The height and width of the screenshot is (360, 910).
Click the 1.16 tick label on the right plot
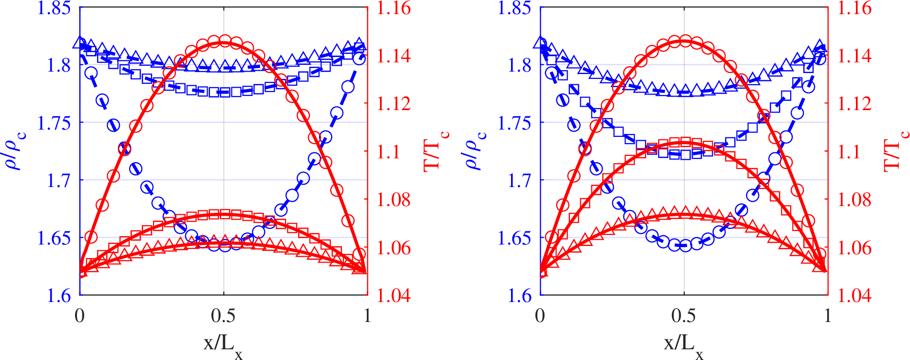[854, 8]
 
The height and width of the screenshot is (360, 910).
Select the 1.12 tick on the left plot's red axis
[394, 104]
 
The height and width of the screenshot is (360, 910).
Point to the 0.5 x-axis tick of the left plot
[223, 316]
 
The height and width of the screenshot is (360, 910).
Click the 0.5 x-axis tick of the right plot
[683, 316]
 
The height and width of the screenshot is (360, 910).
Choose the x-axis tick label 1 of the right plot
[827, 316]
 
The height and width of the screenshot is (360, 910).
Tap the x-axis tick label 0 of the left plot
[80, 316]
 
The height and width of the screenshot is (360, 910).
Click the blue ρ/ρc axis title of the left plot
[16, 151]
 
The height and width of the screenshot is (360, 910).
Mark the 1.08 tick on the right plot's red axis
[854, 200]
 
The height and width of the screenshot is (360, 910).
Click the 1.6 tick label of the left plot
[58, 296]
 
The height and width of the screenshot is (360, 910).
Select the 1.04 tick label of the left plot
[394, 296]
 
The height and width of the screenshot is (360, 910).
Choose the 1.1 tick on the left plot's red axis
[389, 152]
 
